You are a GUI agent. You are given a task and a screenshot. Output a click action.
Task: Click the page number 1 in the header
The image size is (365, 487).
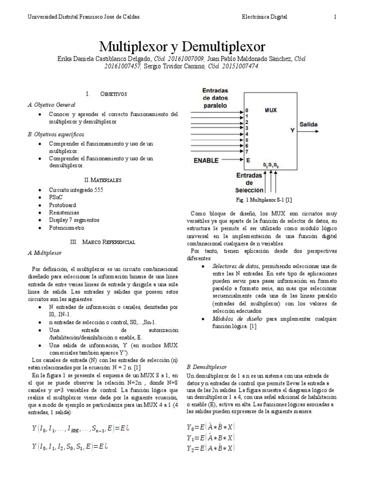[x=335, y=17]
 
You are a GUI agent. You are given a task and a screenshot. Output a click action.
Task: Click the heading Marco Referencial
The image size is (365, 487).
[x=109, y=242]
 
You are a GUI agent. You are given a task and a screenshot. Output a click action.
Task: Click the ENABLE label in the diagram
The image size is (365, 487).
[x=210, y=161]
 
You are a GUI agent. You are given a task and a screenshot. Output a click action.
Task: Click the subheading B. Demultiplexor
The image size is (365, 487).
[x=207, y=367]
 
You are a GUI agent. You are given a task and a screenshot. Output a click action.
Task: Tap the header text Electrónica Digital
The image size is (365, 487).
[x=264, y=17]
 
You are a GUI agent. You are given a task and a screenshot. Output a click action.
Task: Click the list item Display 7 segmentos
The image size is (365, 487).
[x=74, y=220]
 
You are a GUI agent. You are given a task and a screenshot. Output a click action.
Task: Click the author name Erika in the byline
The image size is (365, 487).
[x=67, y=58]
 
